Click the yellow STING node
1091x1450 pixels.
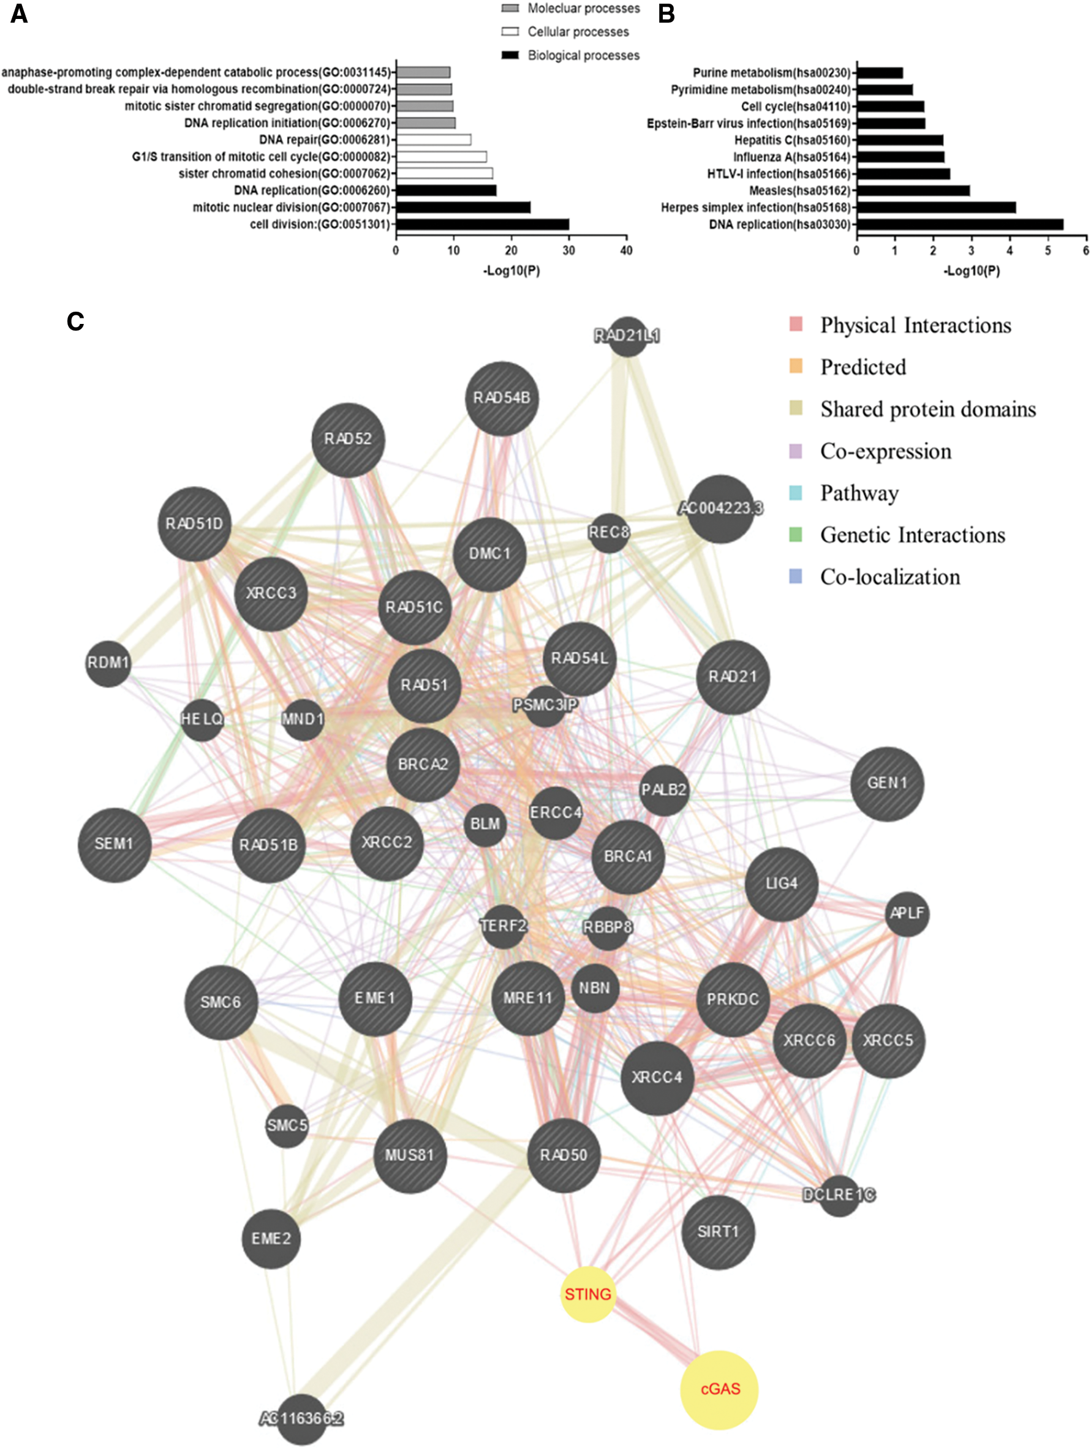pyautogui.click(x=588, y=1294)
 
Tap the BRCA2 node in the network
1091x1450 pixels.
pyautogui.click(x=423, y=764)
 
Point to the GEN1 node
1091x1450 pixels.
pyautogui.click(x=886, y=783)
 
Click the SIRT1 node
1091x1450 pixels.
pyautogui.click(x=718, y=1232)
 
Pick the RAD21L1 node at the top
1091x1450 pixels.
pyautogui.click(x=627, y=336)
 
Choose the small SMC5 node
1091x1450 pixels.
pyautogui.click(x=287, y=1125)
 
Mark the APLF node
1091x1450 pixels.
pyautogui.click(x=907, y=913)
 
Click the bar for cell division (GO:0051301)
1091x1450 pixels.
pyautogui.click(x=483, y=224)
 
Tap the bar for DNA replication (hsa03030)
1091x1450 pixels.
pyautogui.click(x=960, y=224)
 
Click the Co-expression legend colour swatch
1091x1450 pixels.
pyautogui.click(x=795, y=451)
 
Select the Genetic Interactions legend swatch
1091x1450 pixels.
pyautogui.click(x=795, y=535)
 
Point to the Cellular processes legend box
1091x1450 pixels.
pyautogui.click(x=510, y=31)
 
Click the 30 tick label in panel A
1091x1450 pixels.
pyautogui.click(x=568, y=250)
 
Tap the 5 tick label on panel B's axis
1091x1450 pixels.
pyautogui.click(x=1048, y=250)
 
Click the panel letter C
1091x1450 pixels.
pyautogui.click(x=75, y=321)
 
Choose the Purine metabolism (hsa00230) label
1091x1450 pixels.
pyautogui.click(x=771, y=73)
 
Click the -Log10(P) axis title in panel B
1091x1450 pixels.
pyautogui.click(x=971, y=271)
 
